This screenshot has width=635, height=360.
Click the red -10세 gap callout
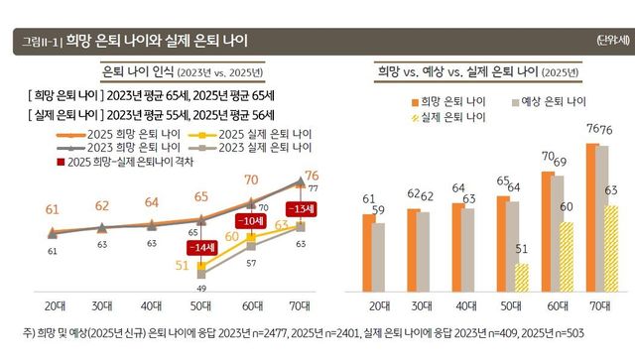(251, 220)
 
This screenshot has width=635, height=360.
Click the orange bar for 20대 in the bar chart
(367, 252)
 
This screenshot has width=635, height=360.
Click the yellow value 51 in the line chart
(182, 266)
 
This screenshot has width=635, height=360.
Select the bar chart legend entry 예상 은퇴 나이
(544, 101)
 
